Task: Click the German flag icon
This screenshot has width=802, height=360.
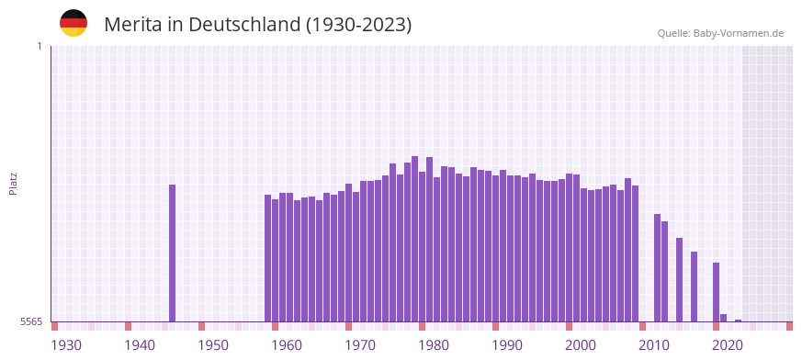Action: (73, 23)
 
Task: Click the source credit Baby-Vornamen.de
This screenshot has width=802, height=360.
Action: (720, 33)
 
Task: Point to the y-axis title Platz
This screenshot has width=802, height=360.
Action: (13, 183)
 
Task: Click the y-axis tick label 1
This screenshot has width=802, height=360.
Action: (39, 46)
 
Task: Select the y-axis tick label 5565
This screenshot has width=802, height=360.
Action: (31, 321)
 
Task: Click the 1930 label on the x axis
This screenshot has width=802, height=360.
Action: (66, 345)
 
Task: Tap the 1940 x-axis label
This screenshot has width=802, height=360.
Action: (140, 345)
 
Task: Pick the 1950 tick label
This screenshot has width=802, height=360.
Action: (213, 345)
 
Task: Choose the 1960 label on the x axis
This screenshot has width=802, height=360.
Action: (287, 345)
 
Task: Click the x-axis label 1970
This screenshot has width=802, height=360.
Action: (360, 345)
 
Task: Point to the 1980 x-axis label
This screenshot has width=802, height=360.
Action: (434, 345)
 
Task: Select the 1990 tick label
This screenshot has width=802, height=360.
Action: (507, 345)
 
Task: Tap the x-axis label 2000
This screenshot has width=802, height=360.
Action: (581, 345)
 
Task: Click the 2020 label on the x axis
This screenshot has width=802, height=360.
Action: (728, 345)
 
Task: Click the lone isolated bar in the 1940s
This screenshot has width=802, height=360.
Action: (172, 253)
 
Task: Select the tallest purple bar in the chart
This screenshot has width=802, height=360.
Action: (414, 239)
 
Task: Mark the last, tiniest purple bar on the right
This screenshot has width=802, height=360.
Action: (738, 321)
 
